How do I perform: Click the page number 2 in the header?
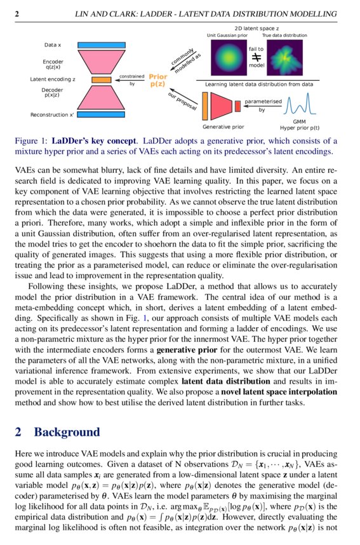pyautogui.click(x=17, y=13)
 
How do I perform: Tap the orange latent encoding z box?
pyautogui.click(x=101, y=80)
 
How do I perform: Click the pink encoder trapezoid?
pyautogui.click(x=101, y=63)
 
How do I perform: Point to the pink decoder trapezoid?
pyautogui.click(x=101, y=97)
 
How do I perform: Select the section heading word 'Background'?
pyautogui.click(x=67, y=432)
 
